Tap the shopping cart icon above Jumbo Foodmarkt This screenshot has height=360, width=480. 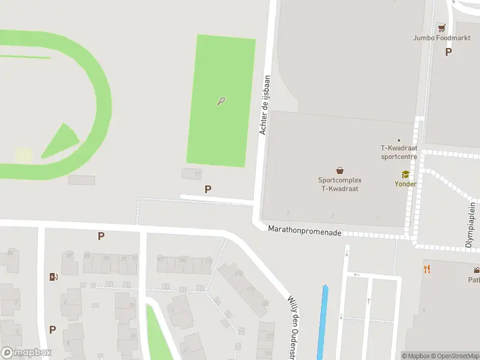(442, 28)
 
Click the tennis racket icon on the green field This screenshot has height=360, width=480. (221, 101)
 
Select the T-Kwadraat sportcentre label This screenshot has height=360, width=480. (399, 152)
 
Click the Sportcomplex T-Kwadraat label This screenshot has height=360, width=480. (340, 184)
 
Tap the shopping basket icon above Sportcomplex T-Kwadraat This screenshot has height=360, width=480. (340, 170)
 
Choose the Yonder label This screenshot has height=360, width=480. (405, 184)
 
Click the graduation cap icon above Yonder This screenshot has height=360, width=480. (405, 175)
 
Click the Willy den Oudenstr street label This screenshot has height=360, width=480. (293, 324)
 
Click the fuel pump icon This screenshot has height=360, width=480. (53, 277)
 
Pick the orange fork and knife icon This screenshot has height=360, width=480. (427, 269)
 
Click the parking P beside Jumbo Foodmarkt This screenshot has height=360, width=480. (448, 52)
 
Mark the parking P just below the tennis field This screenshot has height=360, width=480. (208, 189)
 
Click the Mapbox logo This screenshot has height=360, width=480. (26, 353)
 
